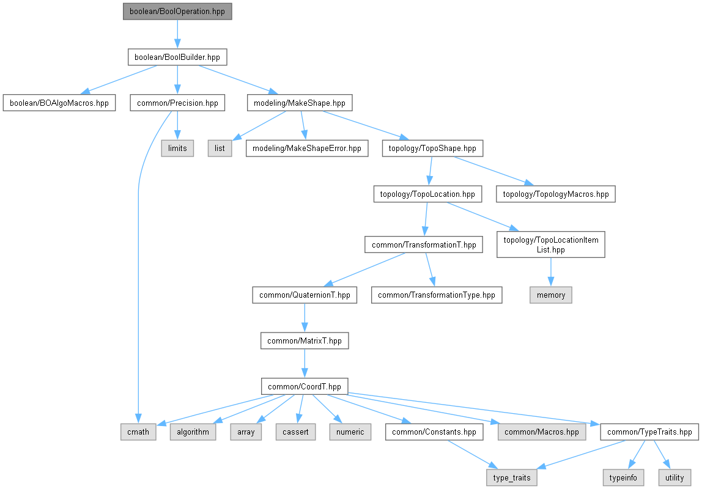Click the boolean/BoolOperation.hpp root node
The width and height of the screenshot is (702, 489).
click(177, 12)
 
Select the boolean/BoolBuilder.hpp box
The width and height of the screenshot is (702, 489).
click(177, 57)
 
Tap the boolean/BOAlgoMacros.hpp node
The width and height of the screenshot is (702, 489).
click(59, 103)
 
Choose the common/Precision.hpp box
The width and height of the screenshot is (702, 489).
click(177, 103)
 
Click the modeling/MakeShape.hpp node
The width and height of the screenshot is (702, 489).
click(300, 103)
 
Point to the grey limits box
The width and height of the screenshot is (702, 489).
click(177, 149)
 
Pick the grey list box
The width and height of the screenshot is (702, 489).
click(220, 149)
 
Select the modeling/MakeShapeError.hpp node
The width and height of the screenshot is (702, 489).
click(307, 149)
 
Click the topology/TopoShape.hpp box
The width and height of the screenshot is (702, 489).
click(432, 149)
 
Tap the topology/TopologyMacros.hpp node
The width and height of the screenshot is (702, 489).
click(556, 194)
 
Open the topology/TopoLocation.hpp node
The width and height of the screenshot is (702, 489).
click(427, 194)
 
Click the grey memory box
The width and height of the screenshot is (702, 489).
click(551, 295)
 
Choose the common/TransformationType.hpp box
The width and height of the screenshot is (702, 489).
click(437, 295)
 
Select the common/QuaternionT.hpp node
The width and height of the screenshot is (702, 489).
click(305, 295)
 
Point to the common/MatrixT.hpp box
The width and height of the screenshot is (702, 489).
click(305, 340)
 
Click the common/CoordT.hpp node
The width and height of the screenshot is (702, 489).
click(305, 386)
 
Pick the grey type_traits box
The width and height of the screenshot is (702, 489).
click(512, 477)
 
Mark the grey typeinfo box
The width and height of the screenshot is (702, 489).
click(623, 477)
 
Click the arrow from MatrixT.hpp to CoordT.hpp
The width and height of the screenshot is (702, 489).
click(305, 364)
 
